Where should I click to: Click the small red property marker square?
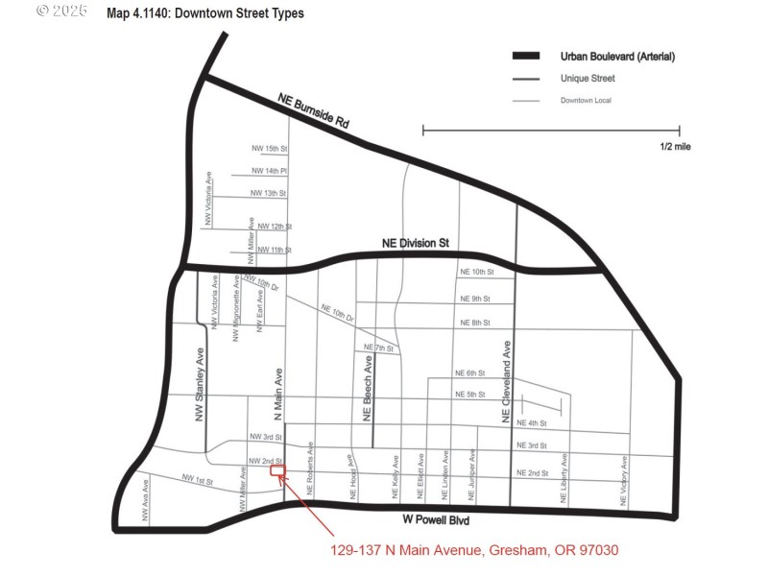click(x=276, y=470)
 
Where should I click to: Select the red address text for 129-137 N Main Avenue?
click(x=474, y=550)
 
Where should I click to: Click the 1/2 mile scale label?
click(x=675, y=147)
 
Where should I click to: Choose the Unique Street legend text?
click(x=588, y=79)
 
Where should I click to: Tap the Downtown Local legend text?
click(x=586, y=100)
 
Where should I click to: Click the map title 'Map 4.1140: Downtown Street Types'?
click(x=205, y=13)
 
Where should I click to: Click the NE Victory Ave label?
click(x=624, y=481)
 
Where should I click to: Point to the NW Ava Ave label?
click(x=145, y=500)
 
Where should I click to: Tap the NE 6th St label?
click(x=469, y=372)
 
